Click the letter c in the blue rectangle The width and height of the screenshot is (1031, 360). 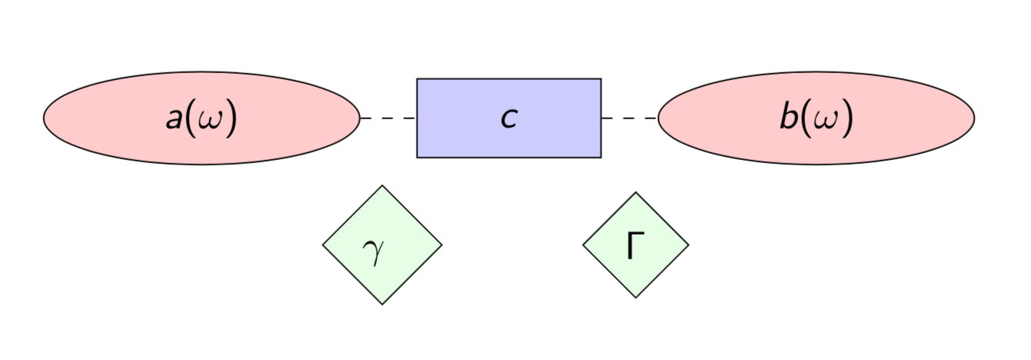(x=509, y=119)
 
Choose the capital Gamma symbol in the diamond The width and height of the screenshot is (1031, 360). (x=634, y=246)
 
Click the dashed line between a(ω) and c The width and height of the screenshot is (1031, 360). (x=389, y=118)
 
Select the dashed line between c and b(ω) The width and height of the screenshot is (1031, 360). (x=629, y=118)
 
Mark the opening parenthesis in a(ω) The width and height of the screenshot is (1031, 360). (x=190, y=119)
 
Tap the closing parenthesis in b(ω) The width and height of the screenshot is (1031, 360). (x=847, y=119)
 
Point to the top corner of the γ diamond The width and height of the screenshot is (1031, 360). (x=382, y=185)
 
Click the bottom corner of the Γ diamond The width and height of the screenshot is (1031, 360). (x=636, y=298)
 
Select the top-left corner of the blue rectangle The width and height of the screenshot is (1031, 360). (x=417, y=78)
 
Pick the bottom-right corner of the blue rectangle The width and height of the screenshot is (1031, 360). (x=601, y=158)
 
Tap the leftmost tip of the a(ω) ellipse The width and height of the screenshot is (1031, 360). (x=44, y=118)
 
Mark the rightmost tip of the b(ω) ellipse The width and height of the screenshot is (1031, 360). (x=975, y=118)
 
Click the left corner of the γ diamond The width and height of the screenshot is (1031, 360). (x=322, y=245)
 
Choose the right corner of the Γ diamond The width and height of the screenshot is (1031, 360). (x=689, y=245)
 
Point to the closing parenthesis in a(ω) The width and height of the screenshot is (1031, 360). (x=230, y=119)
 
